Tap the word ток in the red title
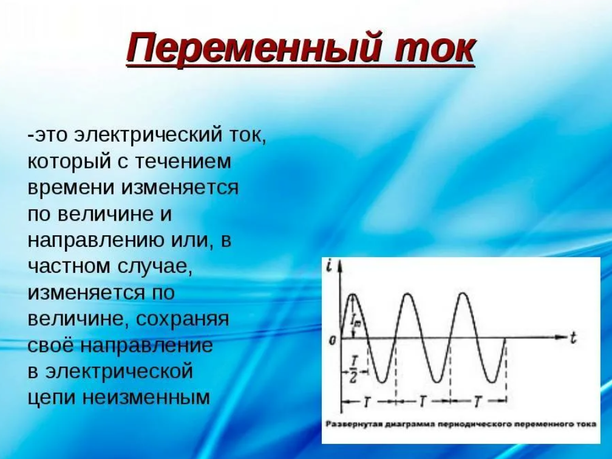[x=433, y=49]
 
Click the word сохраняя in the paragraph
[x=182, y=319]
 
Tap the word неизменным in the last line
[x=146, y=398]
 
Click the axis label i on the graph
[x=330, y=267]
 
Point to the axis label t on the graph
[x=573, y=337]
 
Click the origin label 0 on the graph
[x=332, y=341]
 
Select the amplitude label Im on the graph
[x=356, y=322]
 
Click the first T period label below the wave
[x=367, y=401]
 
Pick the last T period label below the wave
[x=477, y=401]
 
